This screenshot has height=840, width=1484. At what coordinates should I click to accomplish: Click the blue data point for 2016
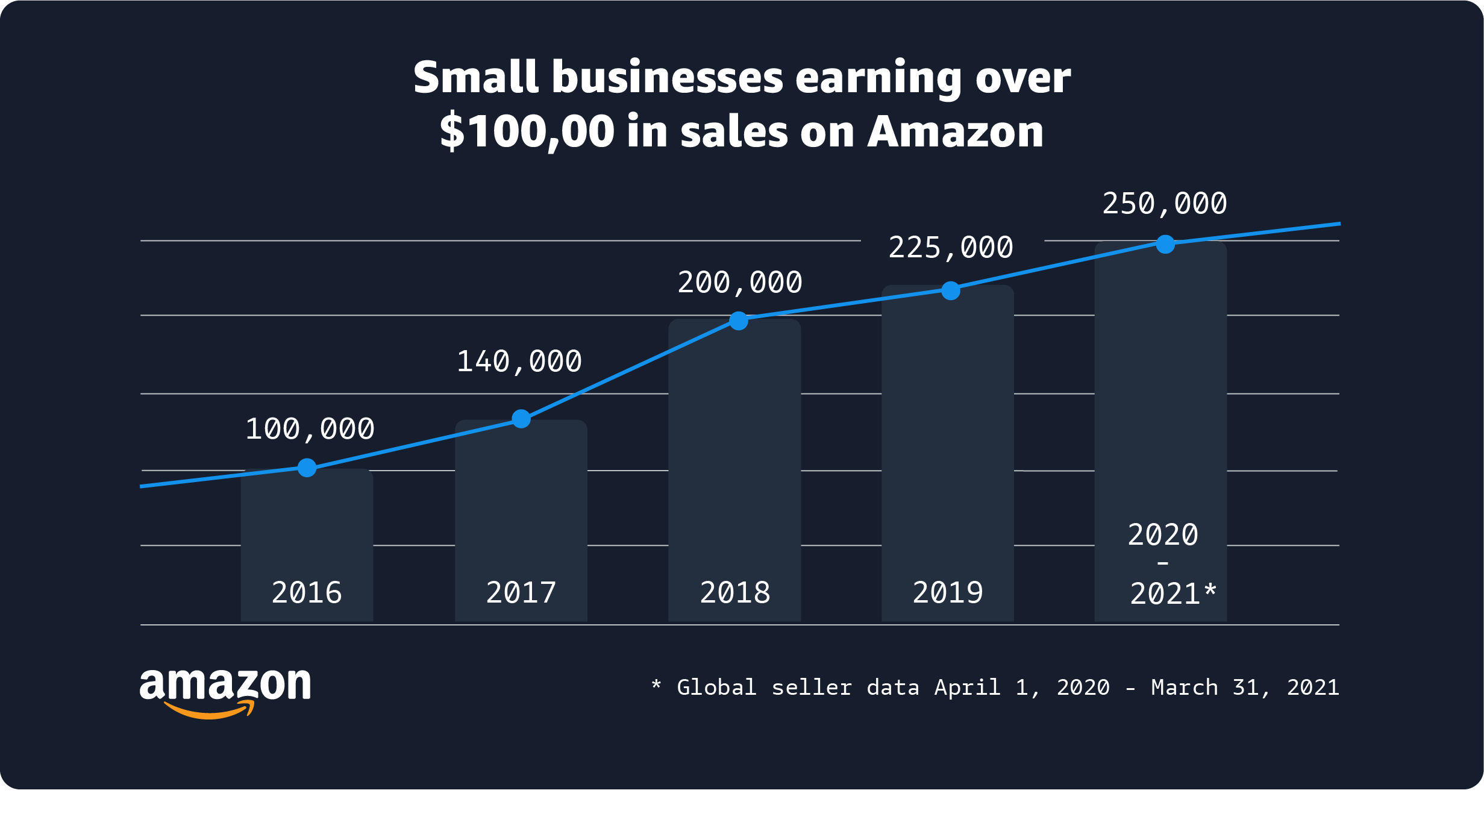pyautogui.click(x=307, y=468)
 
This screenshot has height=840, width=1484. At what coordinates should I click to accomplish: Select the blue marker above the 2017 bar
pyautogui.click(x=521, y=419)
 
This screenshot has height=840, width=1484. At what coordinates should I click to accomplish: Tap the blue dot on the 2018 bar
pyautogui.click(x=739, y=321)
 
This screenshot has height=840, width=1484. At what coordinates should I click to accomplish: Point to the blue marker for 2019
pyautogui.click(x=951, y=290)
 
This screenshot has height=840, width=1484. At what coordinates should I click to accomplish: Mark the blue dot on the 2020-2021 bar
pyautogui.click(x=1165, y=244)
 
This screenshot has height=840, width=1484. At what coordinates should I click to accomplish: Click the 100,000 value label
pyautogui.click(x=310, y=429)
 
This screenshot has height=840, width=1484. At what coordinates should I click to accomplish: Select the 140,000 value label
pyautogui.click(x=519, y=362)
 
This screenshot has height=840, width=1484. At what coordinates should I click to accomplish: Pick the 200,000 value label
pyautogui.click(x=740, y=283)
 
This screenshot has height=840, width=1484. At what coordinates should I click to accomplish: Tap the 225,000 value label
pyautogui.click(x=951, y=248)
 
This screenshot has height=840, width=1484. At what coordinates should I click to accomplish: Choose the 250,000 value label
pyautogui.click(x=1165, y=204)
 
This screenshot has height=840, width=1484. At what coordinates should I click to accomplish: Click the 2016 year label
pyautogui.click(x=307, y=592)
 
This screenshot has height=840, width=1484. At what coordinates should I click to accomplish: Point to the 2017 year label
pyautogui.click(x=521, y=592)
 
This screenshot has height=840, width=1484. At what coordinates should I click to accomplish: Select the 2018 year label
pyautogui.click(x=735, y=592)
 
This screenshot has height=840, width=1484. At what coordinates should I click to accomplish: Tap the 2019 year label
pyautogui.click(x=948, y=592)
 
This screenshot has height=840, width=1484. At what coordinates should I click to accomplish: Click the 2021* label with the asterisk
pyautogui.click(x=1173, y=594)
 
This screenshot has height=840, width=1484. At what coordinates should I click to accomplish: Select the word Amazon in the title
pyautogui.click(x=955, y=131)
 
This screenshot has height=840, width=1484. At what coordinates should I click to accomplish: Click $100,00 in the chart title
pyautogui.click(x=527, y=131)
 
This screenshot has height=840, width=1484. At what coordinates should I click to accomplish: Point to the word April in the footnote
pyautogui.click(x=967, y=688)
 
